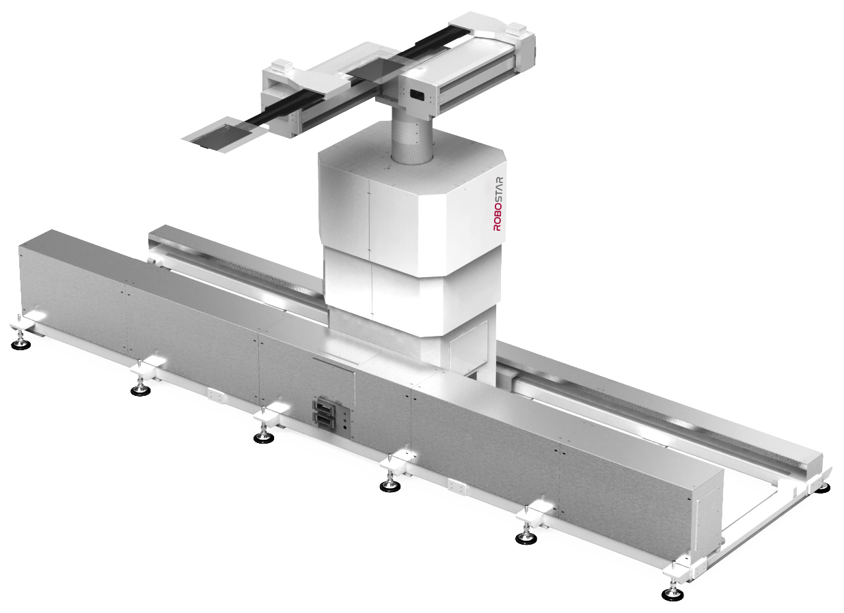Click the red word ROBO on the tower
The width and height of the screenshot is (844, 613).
(x=498, y=216)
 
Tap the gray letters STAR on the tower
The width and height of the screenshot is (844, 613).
(x=498, y=189)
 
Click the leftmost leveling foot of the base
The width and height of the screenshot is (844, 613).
(x=21, y=344)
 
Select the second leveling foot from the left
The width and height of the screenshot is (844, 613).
(x=141, y=390)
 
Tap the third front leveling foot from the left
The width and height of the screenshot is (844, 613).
(x=264, y=438)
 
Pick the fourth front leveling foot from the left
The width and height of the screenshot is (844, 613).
(x=390, y=487)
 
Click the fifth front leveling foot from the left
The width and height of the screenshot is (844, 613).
(x=526, y=538)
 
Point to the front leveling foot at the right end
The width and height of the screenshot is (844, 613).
(x=672, y=595)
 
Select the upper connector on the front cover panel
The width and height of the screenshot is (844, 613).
(x=323, y=407)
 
